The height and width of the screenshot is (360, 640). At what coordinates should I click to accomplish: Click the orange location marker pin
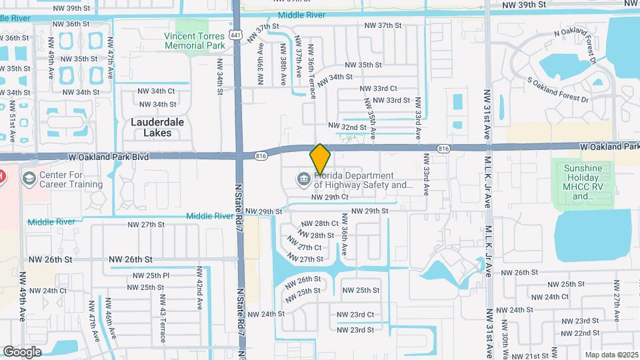pyautogui.click(x=320, y=159)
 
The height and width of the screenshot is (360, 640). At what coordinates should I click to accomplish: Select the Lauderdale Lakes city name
pyautogui.click(x=151, y=127)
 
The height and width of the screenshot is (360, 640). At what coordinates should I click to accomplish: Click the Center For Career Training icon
pyautogui.click(x=29, y=179)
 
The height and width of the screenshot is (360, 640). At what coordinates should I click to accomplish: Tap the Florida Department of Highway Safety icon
pyautogui.click(x=303, y=179)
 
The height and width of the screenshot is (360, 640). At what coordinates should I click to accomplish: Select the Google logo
pyautogui.click(x=23, y=351)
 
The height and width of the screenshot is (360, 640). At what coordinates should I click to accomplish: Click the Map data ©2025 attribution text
pyautogui.click(x=611, y=354)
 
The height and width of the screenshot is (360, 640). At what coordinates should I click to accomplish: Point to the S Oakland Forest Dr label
pyautogui.click(x=558, y=91)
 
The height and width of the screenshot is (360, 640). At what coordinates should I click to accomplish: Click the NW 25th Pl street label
pyautogui.click(x=149, y=275)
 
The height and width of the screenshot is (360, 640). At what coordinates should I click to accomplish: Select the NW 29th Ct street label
pyautogui.click(x=329, y=197)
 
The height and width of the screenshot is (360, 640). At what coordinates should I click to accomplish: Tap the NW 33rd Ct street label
pyautogui.click(x=378, y=88)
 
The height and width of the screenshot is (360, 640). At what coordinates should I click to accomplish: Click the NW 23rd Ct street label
pyautogui.click(x=355, y=315)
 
